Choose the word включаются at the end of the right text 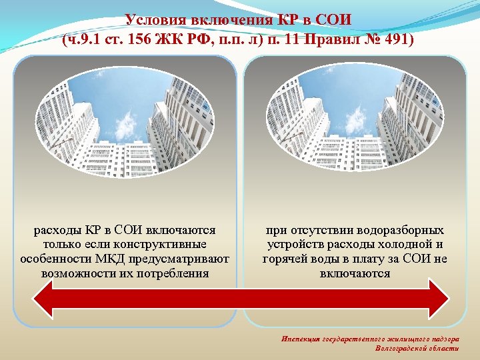tap(355, 273)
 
